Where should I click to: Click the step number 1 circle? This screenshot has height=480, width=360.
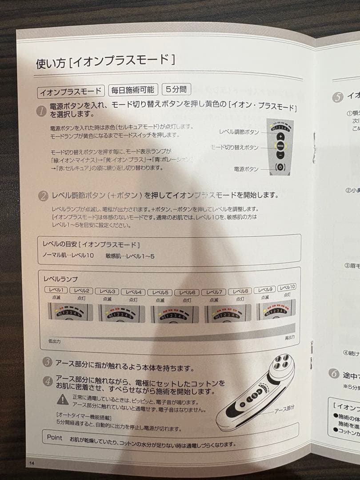click(42, 111)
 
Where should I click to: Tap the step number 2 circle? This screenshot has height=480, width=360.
click(44, 196)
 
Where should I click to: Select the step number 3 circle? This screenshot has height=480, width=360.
click(48, 362)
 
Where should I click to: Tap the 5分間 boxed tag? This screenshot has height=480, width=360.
click(176, 90)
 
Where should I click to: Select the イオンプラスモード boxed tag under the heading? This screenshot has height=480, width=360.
click(71, 92)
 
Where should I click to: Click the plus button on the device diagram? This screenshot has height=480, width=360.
click(280, 136)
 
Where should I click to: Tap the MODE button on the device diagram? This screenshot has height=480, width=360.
click(280, 145)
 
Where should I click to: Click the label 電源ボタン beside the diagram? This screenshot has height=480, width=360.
click(245, 169)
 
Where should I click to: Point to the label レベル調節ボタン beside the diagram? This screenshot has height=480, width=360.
click(239, 132)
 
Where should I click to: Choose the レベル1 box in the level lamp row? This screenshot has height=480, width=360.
click(56, 290)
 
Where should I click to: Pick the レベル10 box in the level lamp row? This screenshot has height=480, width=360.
click(287, 288)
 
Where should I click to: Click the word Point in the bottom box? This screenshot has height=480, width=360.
click(55, 437)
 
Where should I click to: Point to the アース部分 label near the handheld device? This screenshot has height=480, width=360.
click(284, 408)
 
